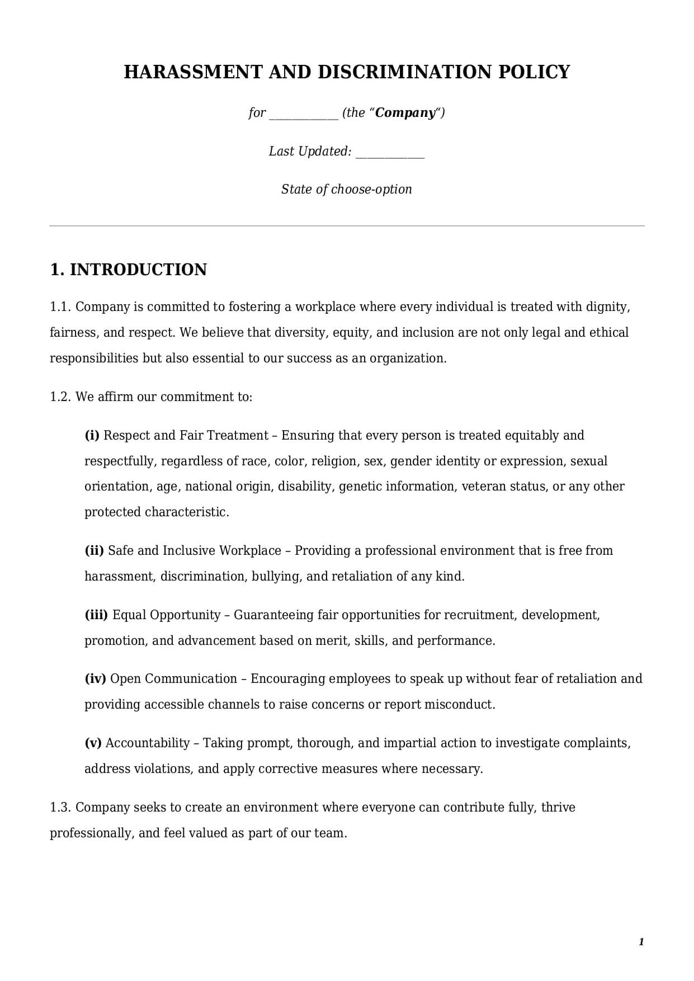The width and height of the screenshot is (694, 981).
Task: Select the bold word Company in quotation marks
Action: (x=405, y=113)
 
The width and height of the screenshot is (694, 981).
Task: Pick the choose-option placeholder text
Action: (x=371, y=190)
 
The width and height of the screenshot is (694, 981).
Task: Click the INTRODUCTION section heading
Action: (x=138, y=270)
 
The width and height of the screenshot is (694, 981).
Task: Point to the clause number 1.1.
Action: (x=60, y=307)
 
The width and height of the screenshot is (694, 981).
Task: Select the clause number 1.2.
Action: (x=60, y=397)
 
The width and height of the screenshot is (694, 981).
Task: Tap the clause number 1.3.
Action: (x=60, y=808)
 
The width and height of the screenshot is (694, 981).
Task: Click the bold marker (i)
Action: (x=92, y=436)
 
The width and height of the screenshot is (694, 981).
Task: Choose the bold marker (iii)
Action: (x=96, y=615)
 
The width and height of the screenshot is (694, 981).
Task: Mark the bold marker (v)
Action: (x=93, y=743)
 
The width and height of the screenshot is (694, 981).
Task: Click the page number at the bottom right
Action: (x=641, y=942)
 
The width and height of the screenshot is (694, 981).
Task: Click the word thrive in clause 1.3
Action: (x=558, y=808)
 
